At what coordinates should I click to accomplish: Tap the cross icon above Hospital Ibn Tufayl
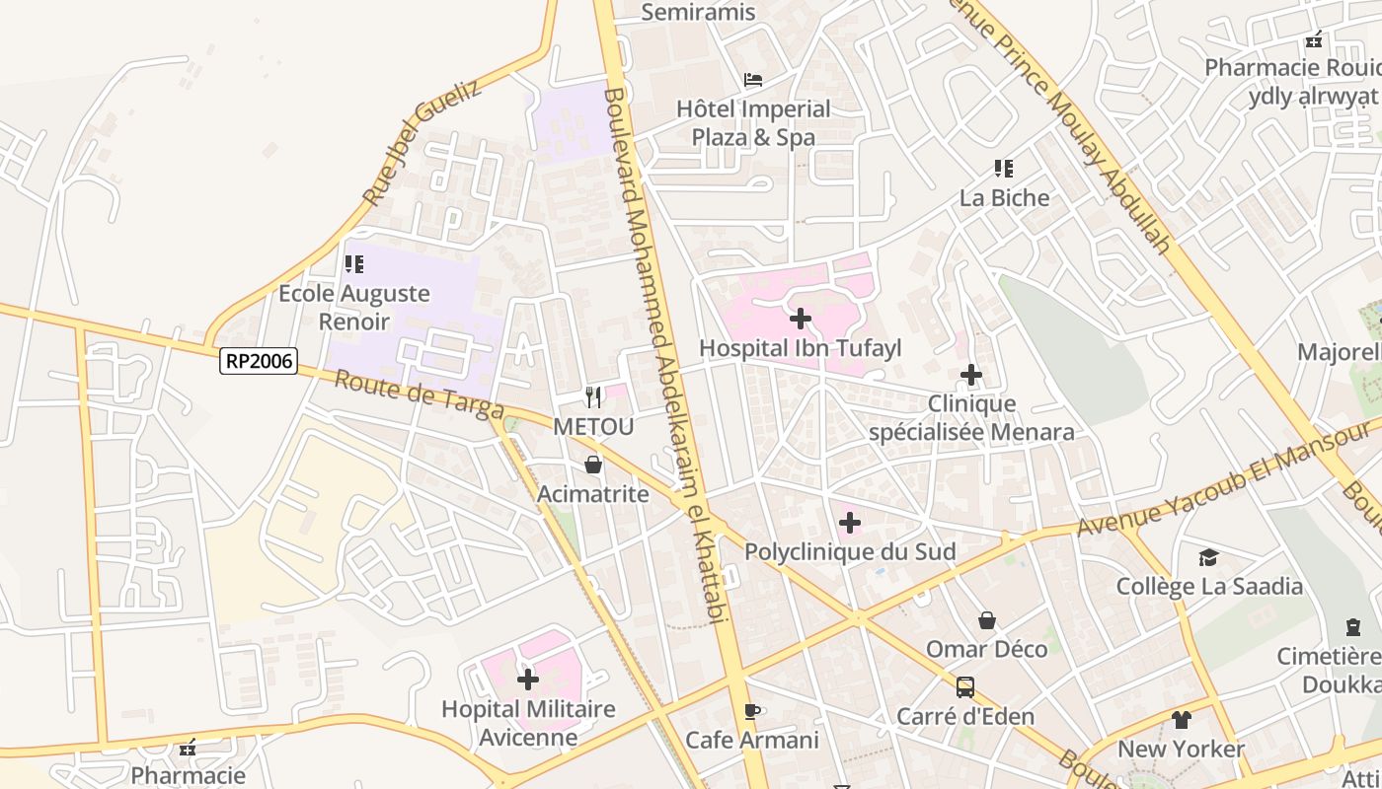[801, 319]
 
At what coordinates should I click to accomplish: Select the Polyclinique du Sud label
[850, 551]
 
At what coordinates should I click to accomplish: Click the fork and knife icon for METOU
[593, 397]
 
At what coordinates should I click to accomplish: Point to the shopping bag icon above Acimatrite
[593, 465]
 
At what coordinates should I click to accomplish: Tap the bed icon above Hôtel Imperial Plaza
[753, 80]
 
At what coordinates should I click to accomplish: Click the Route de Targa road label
[420, 394]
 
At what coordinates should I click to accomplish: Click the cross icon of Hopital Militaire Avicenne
[528, 679]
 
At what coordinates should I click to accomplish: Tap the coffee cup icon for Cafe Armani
[752, 711]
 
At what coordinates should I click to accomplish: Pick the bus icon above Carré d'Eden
[965, 686]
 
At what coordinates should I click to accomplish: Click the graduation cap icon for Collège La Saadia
[1209, 558]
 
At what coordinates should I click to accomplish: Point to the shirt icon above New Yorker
[1182, 719]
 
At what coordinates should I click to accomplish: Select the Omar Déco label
[986, 649]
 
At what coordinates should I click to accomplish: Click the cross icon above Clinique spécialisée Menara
[971, 375]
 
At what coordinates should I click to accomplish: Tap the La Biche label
[1004, 197]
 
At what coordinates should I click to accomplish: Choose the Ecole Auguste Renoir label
[354, 307]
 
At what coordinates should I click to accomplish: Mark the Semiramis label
[698, 12]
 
